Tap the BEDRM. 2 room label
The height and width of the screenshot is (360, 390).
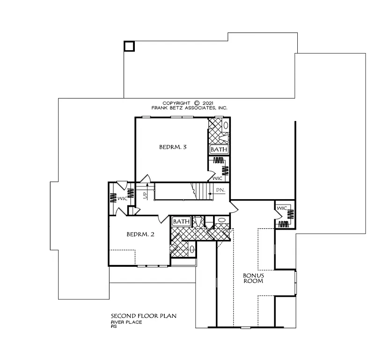140,234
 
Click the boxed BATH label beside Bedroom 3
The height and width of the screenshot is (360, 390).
219,150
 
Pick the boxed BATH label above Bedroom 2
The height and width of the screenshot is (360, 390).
181,221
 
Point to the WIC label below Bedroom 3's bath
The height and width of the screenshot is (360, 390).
217,179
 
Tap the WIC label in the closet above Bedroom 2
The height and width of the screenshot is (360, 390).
122,198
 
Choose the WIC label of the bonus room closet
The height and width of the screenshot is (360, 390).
281,208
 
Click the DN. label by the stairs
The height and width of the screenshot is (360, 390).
221,190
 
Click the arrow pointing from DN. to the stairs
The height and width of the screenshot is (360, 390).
209,190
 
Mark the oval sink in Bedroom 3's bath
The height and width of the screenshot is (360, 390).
225,126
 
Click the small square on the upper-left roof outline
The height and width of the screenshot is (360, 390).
129,46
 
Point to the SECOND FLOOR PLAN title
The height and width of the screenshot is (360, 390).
143,316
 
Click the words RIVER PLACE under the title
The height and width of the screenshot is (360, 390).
126,322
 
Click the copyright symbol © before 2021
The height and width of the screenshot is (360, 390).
197,103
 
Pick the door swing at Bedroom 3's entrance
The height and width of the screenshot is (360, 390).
146,178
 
